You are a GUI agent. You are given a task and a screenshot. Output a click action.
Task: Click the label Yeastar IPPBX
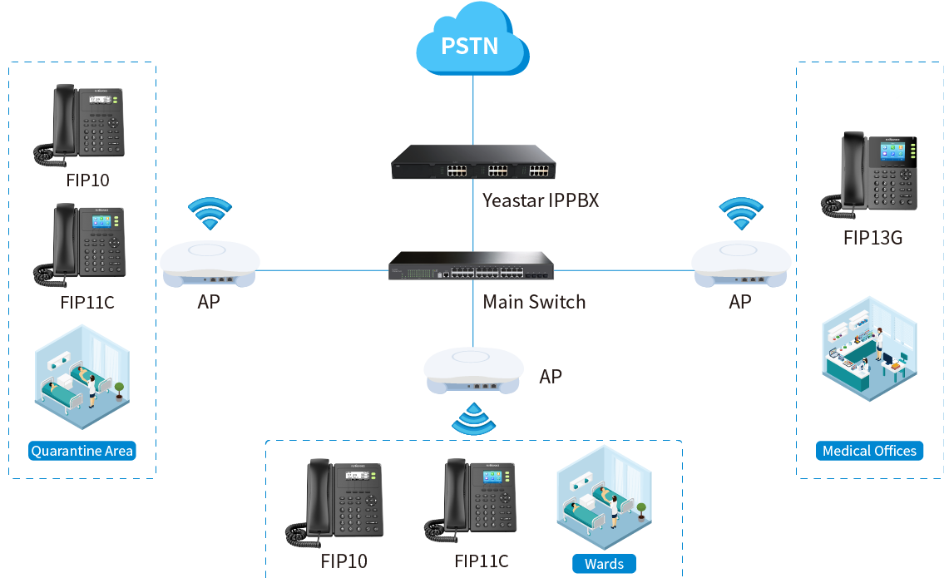point(541,200)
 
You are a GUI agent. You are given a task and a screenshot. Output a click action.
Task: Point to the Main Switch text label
point(534,302)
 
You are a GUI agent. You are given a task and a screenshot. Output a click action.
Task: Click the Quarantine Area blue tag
point(82,452)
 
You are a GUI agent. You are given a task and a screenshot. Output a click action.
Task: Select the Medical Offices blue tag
point(869,452)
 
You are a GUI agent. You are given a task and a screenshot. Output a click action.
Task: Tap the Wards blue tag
point(604,564)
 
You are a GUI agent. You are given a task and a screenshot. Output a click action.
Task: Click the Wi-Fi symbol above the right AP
point(740,215)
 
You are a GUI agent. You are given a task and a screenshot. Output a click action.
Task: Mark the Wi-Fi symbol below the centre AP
point(472,420)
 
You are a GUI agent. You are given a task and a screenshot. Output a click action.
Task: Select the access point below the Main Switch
point(474,370)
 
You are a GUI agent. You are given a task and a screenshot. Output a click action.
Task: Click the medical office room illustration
point(868,348)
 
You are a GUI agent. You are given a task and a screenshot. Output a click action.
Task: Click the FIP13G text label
point(872,239)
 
